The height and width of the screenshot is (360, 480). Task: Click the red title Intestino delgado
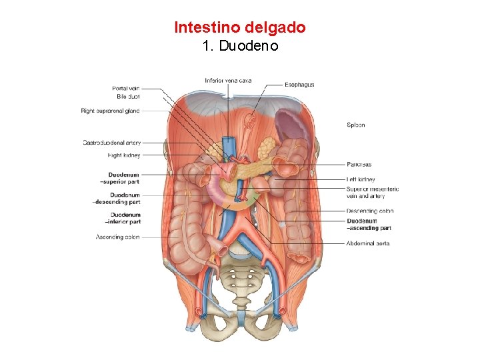pyautogui.click(x=240, y=27)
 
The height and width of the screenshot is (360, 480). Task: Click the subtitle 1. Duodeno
pyautogui.click(x=240, y=47)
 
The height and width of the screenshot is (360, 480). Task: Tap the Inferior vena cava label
pyautogui.click(x=228, y=81)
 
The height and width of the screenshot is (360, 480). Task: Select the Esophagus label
pyautogui.click(x=299, y=85)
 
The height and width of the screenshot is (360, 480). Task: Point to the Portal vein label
pyautogui.click(x=125, y=88)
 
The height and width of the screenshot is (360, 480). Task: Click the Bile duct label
pyautogui.click(x=128, y=97)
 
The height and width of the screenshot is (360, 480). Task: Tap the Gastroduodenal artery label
pyautogui.click(x=111, y=142)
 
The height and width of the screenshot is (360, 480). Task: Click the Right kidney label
pyautogui.click(x=124, y=155)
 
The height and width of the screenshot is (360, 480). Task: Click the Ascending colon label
pyautogui.click(x=117, y=237)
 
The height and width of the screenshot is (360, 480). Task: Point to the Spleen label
pyautogui.click(x=356, y=125)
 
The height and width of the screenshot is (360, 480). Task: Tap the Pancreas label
pyautogui.click(x=359, y=165)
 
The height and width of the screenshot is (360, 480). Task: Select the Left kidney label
pyautogui.click(x=361, y=179)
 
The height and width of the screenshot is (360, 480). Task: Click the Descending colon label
pyautogui.click(x=370, y=211)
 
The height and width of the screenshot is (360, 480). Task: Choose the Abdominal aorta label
pyautogui.click(x=368, y=243)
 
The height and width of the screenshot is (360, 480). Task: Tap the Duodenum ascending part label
pyautogui.click(x=369, y=225)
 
